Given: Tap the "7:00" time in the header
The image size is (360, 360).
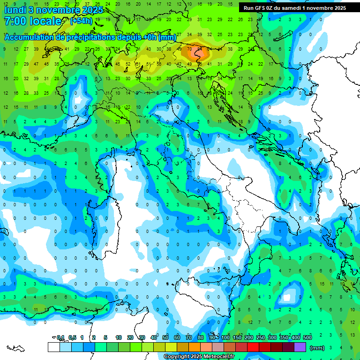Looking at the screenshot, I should pos(15,21).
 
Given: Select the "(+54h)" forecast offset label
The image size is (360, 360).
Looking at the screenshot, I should pos(81,21).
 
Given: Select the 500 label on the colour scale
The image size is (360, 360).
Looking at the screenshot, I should pos(307,337).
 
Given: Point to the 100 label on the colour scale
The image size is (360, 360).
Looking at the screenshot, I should pos(225,337).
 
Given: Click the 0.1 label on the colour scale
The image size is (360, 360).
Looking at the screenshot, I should pos(60,337).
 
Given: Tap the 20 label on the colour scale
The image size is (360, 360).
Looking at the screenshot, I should pos(130,337).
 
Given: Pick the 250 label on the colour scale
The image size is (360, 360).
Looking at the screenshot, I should pos(261,337).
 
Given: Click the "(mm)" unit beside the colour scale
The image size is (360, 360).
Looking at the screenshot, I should pos(317,347).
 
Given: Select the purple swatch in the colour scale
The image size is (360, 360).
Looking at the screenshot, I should pos(300,347).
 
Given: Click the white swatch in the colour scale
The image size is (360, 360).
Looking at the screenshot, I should pos(53,347).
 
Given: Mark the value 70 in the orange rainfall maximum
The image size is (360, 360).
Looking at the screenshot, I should pos(190,48).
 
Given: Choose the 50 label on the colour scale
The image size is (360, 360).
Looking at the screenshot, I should pos(165,337).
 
